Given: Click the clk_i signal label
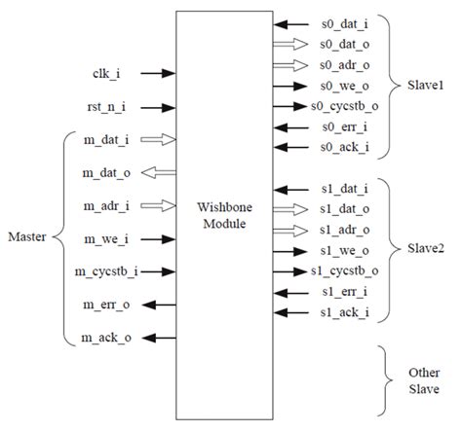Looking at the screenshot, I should click(98, 73).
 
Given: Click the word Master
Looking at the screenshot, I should click(26, 236).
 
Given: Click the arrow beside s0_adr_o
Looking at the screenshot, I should click(289, 65).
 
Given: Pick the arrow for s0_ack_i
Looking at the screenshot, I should click(289, 147).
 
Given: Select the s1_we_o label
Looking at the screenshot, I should click(344, 250).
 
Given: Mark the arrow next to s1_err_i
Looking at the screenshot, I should click(289, 292).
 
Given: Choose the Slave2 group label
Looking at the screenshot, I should click(425, 249).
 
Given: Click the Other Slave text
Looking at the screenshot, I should click(421, 382).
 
